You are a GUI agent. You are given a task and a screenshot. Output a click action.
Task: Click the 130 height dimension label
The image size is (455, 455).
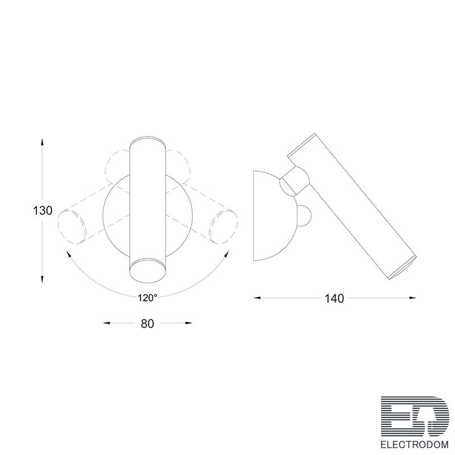(42, 210)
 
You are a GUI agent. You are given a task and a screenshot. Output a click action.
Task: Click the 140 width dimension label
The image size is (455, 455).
(334, 298)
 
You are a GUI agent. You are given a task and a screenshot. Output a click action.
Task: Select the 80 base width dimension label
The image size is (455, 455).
(147, 324)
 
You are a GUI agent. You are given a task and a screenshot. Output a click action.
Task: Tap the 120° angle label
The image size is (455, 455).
(147, 297)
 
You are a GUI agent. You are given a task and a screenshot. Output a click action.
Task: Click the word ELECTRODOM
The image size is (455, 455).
(415, 445)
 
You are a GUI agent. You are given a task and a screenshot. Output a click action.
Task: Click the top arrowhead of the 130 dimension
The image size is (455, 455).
(42, 142)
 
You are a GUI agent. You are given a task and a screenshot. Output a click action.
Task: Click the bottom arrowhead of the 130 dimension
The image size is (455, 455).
(42, 279)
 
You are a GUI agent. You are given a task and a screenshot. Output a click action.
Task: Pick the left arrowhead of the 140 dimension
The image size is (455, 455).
(258, 297)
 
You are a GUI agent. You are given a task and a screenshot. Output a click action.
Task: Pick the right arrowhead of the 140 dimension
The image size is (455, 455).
(412, 297)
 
